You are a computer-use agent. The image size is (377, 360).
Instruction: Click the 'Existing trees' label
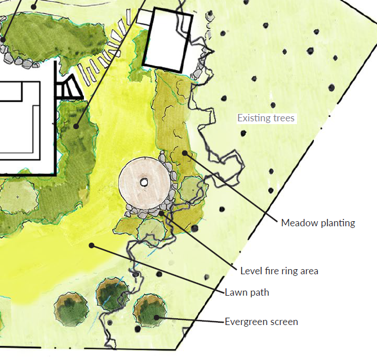tap(266, 118)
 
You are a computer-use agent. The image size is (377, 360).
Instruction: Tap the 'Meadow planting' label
tap(318, 223)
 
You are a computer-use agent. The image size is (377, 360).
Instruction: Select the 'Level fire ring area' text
tap(279, 271)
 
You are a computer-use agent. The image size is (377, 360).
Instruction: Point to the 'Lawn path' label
tap(247, 292)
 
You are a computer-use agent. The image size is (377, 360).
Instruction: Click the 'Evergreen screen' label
tap(261, 322)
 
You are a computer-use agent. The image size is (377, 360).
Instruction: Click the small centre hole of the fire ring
tap(144, 182)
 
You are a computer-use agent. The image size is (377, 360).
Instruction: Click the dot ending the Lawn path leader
tap(92, 245)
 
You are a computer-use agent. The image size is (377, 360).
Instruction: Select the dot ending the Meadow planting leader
tap(183, 152)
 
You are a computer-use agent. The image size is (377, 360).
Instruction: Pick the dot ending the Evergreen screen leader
tap(156, 318)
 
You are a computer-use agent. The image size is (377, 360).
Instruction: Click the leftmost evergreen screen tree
tap(72, 308)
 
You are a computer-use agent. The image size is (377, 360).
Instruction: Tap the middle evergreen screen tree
tap(111, 295)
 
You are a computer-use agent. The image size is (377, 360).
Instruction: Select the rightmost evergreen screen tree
tap(150, 311)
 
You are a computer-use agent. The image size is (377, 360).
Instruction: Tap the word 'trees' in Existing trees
tap(283, 118)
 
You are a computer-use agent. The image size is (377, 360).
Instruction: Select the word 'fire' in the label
tap(269, 271)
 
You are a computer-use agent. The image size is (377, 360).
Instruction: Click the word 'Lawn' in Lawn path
tap(236, 292)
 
